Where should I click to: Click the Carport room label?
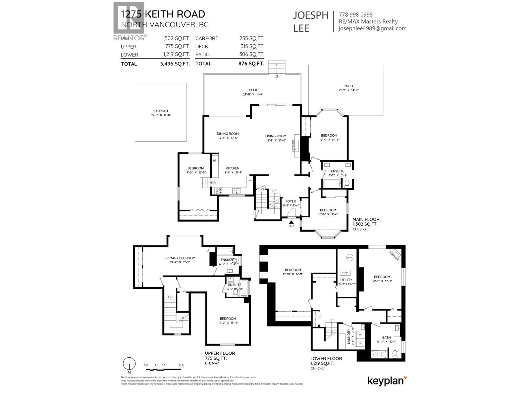[x=161, y=111]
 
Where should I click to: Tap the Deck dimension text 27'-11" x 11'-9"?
[x=253, y=95]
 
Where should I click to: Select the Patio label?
[x=348, y=86]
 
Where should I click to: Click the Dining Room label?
[x=228, y=134]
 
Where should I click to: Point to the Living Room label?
[x=276, y=136]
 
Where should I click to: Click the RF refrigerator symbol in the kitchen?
[x=215, y=161]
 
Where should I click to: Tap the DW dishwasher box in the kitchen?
[x=249, y=181]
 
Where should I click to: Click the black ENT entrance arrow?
[x=291, y=222]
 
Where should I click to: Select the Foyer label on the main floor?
[x=291, y=201]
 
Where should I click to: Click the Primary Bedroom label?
[x=180, y=258]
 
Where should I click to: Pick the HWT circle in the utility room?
[x=350, y=258]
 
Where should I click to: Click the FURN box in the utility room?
[x=345, y=273]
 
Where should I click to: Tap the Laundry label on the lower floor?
[x=348, y=337]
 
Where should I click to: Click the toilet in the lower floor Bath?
[x=395, y=354]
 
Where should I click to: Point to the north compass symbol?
[x=129, y=364]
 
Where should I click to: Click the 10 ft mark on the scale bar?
[x=181, y=366]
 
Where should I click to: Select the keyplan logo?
[x=387, y=381]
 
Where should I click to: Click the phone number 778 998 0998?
[x=355, y=15]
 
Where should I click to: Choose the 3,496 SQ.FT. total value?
[x=175, y=64]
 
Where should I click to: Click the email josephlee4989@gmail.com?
[x=372, y=28]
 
